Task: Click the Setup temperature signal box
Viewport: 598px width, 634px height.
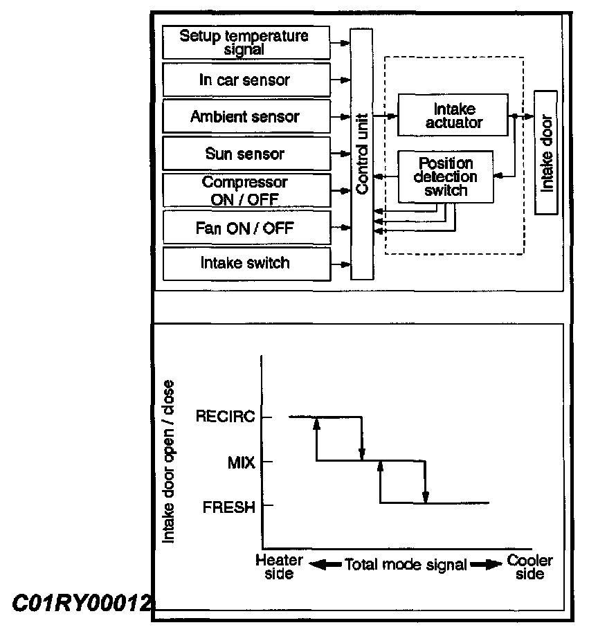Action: click(x=245, y=42)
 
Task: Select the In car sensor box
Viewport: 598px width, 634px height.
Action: click(x=245, y=80)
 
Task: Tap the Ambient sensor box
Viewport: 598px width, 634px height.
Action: click(x=245, y=116)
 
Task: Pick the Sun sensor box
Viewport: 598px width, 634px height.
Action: click(x=245, y=153)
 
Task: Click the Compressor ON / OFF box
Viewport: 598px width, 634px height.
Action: click(x=245, y=190)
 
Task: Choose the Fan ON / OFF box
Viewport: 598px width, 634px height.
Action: click(x=245, y=226)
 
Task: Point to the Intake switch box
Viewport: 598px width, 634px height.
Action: click(x=245, y=263)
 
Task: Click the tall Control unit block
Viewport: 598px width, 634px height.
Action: click(x=361, y=154)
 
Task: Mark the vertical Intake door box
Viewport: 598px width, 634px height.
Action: click(x=547, y=152)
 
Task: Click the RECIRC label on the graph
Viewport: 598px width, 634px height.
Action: click(x=225, y=417)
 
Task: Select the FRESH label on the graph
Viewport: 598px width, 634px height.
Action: click(x=228, y=507)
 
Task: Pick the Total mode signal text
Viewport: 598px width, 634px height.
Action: click(x=405, y=564)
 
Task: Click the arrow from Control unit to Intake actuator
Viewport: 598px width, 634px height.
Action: click(x=385, y=116)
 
